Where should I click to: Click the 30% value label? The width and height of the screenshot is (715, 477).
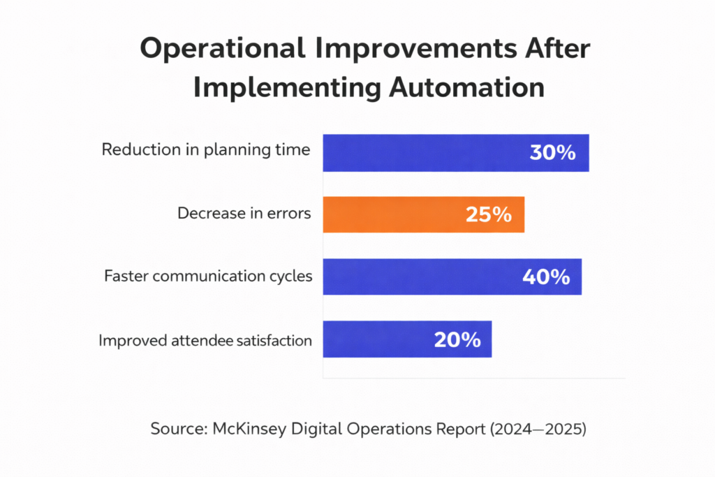552,153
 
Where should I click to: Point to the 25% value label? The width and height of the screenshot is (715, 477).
489,214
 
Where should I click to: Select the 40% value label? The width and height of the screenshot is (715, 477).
546,277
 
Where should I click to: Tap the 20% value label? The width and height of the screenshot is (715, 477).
457,340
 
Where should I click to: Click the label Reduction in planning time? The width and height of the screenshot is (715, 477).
206,149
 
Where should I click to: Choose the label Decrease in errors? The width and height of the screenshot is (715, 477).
244,213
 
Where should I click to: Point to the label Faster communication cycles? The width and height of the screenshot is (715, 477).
208,276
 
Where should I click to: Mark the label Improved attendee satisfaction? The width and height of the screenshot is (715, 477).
205,341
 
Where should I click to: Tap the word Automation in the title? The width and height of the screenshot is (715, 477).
464,89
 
